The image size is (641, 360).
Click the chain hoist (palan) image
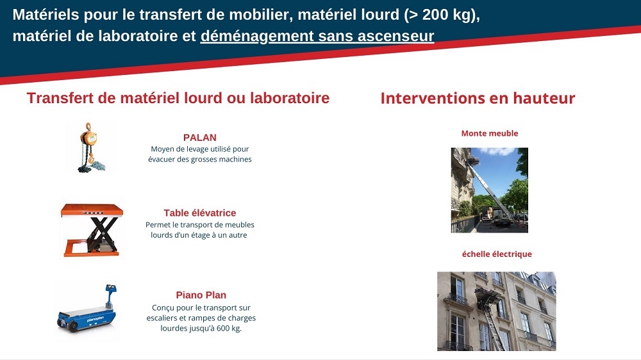(91, 147)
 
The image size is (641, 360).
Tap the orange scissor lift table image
(92, 230)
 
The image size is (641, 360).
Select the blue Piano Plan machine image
(87, 309)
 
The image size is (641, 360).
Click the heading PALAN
(200, 138)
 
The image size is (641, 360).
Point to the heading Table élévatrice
(200, 213)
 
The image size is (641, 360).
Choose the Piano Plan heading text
(201, 295)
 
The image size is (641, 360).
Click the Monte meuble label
(490, 133)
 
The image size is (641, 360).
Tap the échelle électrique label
(497, 254)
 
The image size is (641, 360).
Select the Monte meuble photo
(489, 190)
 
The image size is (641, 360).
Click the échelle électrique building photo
(497, 311)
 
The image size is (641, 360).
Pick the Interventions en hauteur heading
(478, 99)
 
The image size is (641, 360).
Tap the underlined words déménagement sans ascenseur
(317, 36)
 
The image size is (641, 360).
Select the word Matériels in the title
(46, 15)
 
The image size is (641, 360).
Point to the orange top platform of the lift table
(92, 209)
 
